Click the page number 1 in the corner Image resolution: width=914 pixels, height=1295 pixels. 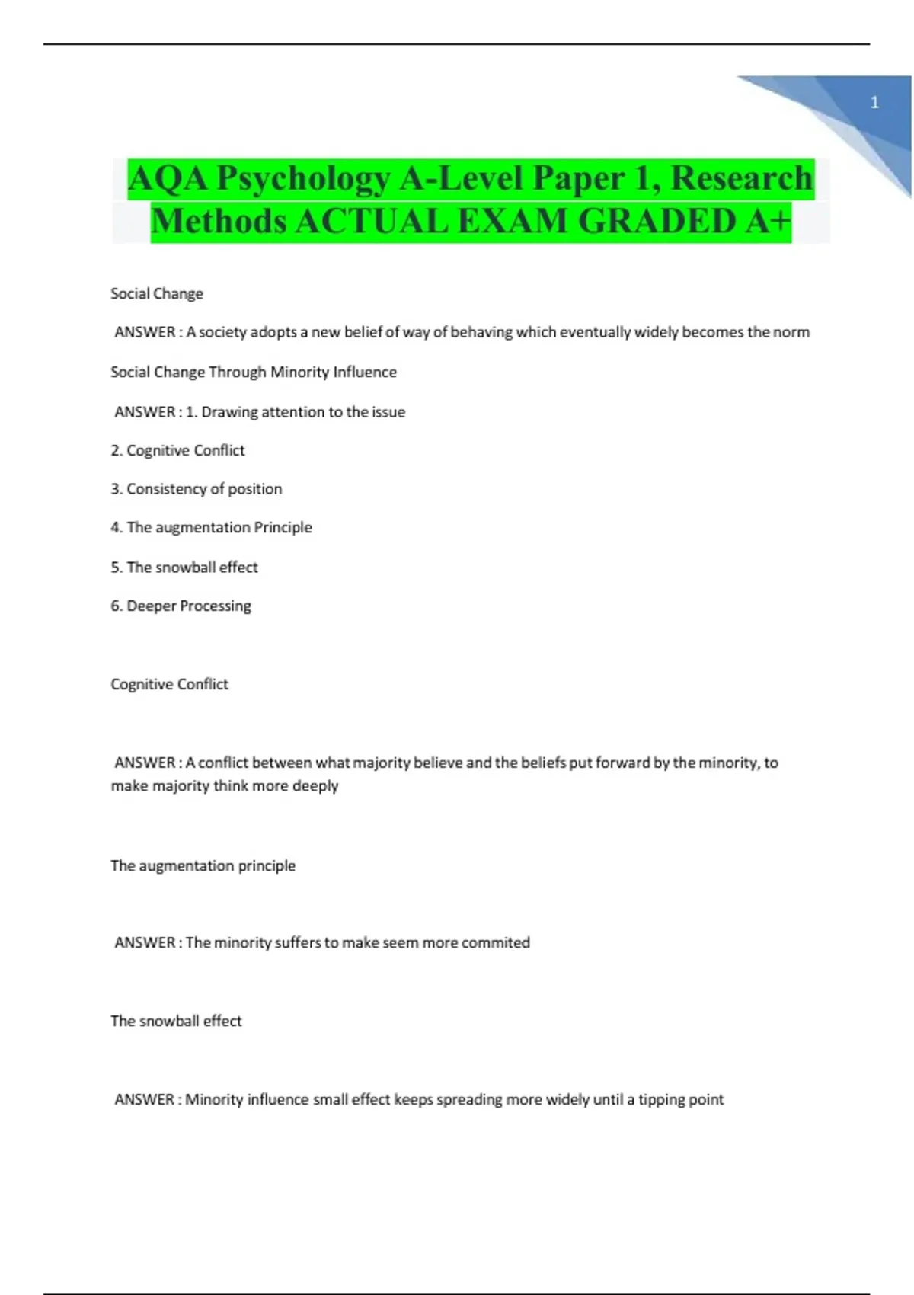pyautogui.click(x=874, y=102)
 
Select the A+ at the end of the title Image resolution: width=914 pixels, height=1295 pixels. pyautogui.click(x=769, y=222)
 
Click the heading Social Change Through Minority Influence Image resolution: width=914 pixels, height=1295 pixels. pyautogui.click(x=254, y=372)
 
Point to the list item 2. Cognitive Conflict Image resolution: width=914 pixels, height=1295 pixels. pyautogui.click(x=177, y=450)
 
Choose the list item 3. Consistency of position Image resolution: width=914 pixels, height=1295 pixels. pyautogui.click(x=197, y=489)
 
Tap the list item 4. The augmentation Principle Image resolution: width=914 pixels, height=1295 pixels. pyautogui.click(x=211, y=527)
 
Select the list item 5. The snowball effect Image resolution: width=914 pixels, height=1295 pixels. pyautogui.click(x=184, y=567)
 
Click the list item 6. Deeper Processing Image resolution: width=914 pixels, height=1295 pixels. pyautogui.click(x=181, y=606)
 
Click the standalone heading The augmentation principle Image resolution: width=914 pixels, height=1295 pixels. pyautogui.click(x=203, y=865)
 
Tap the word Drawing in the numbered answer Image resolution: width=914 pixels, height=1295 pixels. pyautogui.click(x=229, y=412)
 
